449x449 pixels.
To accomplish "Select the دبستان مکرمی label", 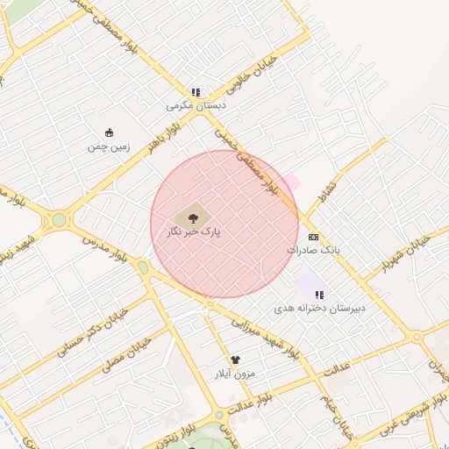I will (x=196, y=105).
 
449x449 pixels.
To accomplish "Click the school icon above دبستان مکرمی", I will (x=196, y=91).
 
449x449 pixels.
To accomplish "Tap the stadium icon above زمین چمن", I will (x=109, y=132).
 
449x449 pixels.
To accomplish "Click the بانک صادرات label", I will (x=313, y=250).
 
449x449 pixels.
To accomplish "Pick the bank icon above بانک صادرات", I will (x=313, y=237).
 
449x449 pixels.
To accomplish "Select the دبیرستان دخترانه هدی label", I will (x=318, y=309).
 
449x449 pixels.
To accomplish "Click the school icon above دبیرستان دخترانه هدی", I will (x=318, y=295).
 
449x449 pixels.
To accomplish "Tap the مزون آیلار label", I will (x=234, y=374).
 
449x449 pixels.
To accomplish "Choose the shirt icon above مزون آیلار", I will (x=234, y=360).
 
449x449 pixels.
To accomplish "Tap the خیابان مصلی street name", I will (x=118, y=353).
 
